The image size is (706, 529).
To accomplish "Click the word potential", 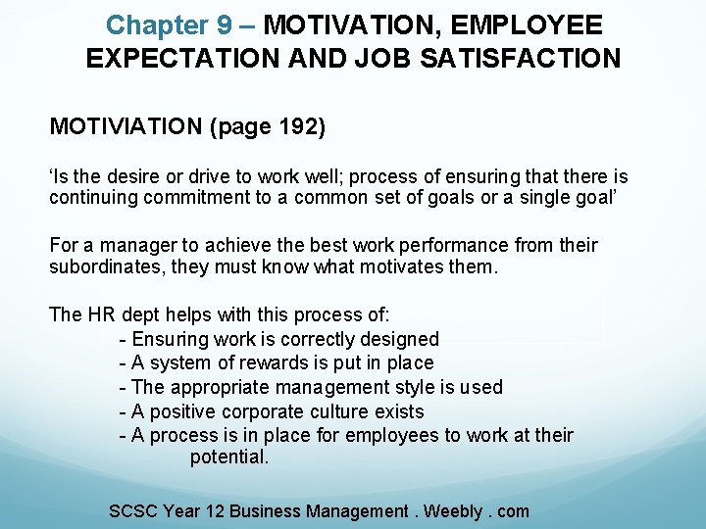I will pyautogui.click(x=228, y=457).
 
